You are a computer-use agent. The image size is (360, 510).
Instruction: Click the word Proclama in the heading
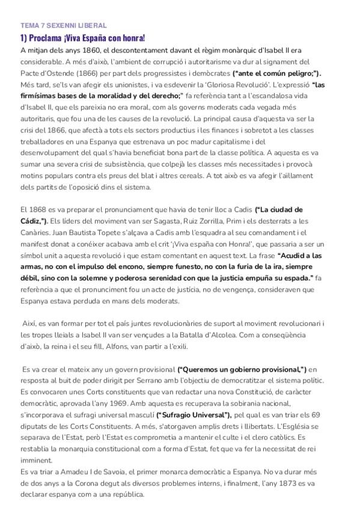click(46, 37)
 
